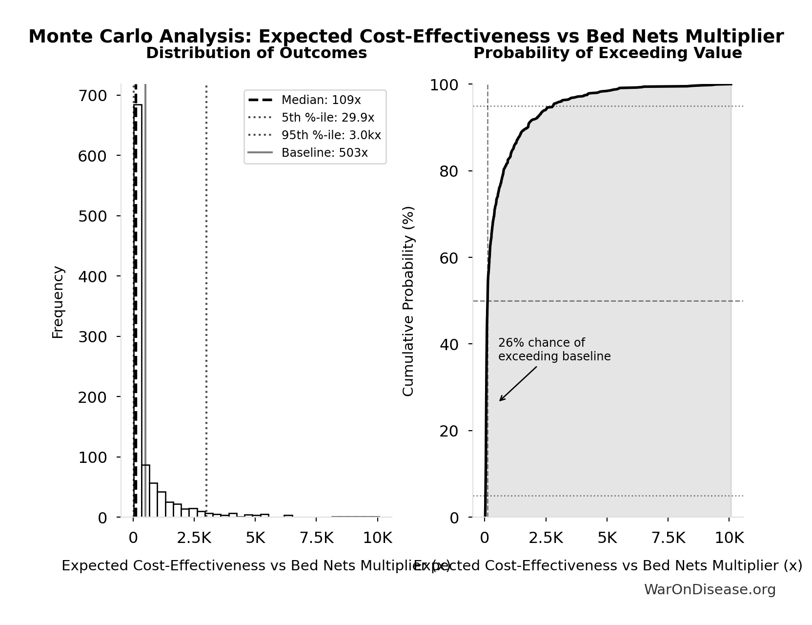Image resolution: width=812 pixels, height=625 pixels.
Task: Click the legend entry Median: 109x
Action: point(321,100)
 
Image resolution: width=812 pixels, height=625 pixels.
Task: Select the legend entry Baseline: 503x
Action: point(325,153)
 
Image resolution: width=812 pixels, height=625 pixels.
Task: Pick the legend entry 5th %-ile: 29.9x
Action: point(327,118)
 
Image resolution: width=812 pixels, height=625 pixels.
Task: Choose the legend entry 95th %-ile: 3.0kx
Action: point(331,135)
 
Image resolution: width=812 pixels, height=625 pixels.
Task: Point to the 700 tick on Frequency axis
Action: point(92,95)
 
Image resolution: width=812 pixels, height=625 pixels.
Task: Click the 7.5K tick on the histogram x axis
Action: point(316,538)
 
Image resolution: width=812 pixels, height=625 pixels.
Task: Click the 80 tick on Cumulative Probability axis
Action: point(448,171)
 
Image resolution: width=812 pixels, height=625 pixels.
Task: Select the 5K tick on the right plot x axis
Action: point(607,538)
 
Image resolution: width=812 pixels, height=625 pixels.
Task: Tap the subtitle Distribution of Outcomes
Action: point(256,53)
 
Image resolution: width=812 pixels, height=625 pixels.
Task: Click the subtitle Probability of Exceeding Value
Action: point(608,53)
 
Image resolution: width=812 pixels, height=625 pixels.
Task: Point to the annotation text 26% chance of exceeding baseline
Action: point(554,350)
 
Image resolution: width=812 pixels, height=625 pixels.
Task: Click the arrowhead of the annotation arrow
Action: point(501,400)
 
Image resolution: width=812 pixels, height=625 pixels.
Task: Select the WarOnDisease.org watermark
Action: point(710,589)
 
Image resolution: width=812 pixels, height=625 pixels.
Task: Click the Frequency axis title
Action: point(58,302)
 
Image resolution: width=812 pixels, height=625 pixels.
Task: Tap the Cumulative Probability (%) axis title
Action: point(408,301)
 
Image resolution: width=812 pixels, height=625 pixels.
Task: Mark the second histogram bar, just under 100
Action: point(145,491)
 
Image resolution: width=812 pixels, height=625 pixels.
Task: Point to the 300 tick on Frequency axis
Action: point(92,336)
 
